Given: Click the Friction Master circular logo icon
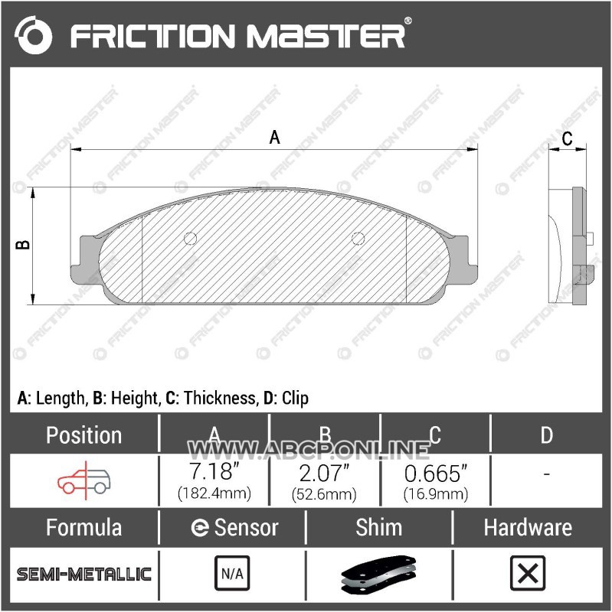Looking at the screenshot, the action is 33,35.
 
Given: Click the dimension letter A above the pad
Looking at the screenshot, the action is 275,138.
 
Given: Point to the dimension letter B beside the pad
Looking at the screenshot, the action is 23,244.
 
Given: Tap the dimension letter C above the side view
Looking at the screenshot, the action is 567,138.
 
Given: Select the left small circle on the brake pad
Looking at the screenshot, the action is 190,238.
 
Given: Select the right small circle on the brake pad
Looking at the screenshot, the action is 358,238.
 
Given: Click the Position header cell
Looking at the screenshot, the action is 84,435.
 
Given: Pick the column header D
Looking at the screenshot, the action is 547,435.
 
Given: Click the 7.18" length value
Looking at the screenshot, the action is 214,471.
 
